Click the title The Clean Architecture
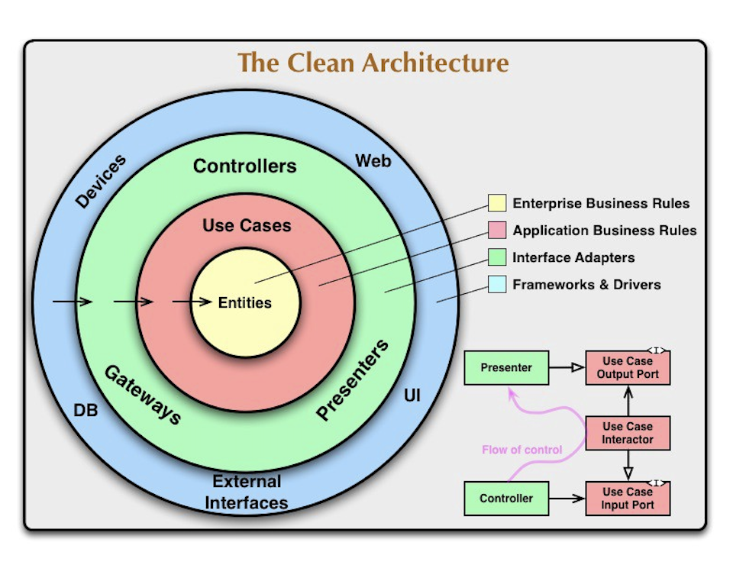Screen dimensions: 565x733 coord(373,63)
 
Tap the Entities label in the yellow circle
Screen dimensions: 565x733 coord(244,302)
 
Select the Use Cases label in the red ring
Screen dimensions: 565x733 coord(247,225)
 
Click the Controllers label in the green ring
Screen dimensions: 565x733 coord(244,166)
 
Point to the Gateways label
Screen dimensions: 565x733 coord(143,394)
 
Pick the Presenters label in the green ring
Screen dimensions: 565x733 coord(353,379)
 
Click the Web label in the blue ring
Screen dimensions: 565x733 coord(373,161)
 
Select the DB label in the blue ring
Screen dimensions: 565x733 coord(85,410)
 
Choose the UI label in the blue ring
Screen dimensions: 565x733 coord(412,396)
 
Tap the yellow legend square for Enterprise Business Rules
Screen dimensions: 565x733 coord(497,203)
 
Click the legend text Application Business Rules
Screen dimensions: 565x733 coord(604,231)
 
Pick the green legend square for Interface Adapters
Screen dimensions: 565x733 coord(497,257)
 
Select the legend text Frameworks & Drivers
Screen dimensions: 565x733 coord(586,285)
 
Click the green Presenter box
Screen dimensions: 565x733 coord(506,368)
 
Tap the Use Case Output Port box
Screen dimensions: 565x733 coord(628,368)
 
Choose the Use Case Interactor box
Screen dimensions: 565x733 coord(628,433)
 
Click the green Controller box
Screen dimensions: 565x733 coord(506,499)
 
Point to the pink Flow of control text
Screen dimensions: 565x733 coord(521,450)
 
